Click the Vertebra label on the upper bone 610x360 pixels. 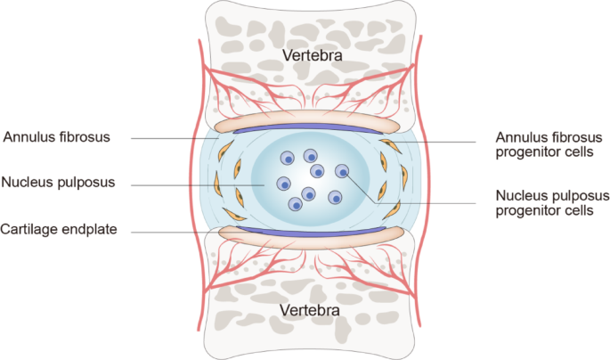click(x=312, y=56)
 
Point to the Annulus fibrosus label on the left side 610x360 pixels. click(x=56, y=138)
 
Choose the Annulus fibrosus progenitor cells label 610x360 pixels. click(x=549, y=144)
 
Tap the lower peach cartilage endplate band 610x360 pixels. click(x=305, y=238)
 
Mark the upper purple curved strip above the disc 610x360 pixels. click(x=305, y=130)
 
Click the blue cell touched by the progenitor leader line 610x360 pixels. click(x=341, y=171)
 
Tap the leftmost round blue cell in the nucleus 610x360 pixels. click(x=283, y=184)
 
